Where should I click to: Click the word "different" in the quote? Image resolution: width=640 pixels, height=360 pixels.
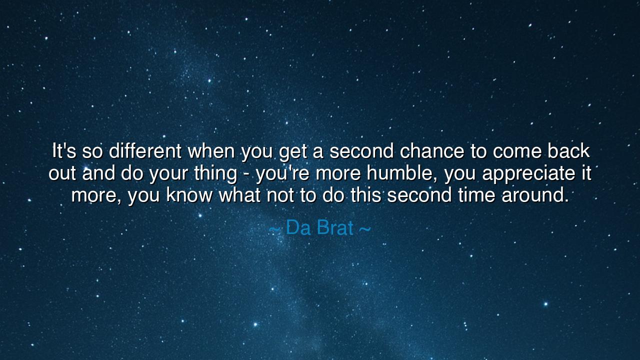point(145,151)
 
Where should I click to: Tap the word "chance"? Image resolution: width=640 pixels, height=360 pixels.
point(431,151)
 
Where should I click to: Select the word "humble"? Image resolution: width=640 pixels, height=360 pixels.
point(401,173)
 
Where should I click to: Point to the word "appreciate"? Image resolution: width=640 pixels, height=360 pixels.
point(529,173)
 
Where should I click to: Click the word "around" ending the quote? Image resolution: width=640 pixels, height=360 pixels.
point(535,195)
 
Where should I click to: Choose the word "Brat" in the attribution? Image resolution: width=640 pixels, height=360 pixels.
point(335,227)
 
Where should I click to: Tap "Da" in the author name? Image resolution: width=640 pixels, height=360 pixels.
point(298,227)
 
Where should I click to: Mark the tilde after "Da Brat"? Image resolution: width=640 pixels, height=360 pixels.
point(365,229)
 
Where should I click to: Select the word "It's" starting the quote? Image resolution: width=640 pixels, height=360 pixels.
point(64,151)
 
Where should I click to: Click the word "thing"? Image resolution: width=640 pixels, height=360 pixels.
point(215,173)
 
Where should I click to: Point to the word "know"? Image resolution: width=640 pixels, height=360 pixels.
point(189,195)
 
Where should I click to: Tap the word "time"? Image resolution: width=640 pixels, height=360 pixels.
point(476,195)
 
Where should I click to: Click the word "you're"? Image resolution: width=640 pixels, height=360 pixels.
point(282,173)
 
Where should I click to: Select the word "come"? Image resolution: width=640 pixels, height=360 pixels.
point(517,152)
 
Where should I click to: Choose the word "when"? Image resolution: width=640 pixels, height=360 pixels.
point(211,151)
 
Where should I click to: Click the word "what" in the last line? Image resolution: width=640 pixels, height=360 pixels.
point(239,195)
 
